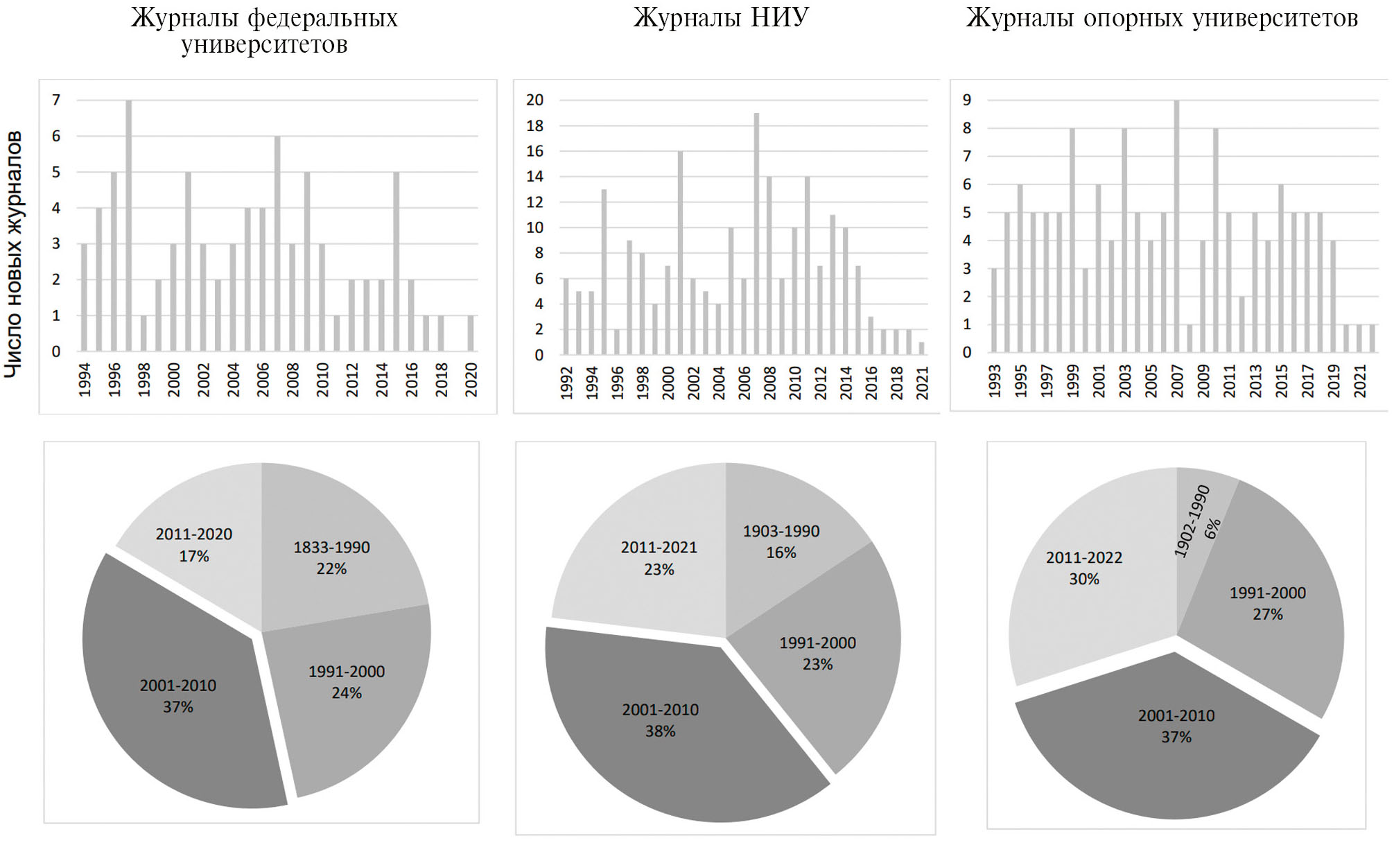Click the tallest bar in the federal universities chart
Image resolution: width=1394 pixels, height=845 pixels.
click(x=129, y=225)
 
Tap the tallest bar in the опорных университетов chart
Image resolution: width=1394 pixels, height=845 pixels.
click(x=1176, y=226)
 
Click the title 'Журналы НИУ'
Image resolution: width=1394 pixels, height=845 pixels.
click(x=721, y=18)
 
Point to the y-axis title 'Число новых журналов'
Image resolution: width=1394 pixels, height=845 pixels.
click(x=14, y=254)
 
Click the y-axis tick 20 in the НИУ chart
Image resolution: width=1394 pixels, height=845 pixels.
click(x=534, y=100)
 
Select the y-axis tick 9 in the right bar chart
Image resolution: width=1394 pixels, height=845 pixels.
click(x=967, y=100)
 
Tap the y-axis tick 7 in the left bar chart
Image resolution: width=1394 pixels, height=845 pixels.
click(x=56, y=100)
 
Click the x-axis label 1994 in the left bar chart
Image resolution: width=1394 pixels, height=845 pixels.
click(x=85, y=380)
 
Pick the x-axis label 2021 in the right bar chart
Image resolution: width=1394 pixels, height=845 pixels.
click(x=1360, y=381)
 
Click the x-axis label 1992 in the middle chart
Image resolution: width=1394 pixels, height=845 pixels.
click(x=566, y=383)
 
